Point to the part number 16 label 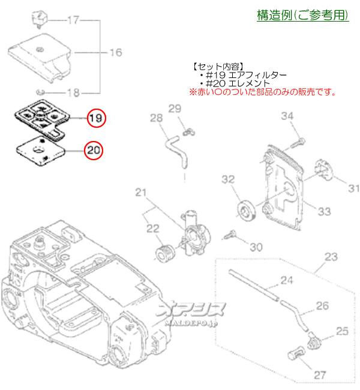click(x=115, y=53)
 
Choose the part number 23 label click(x=331, y=257)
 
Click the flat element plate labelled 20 click(x=40, y=150)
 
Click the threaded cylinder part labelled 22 click(x=163, y=253)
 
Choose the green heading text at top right click(x=303, y=16)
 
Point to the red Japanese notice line click(x=263, y=92)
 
